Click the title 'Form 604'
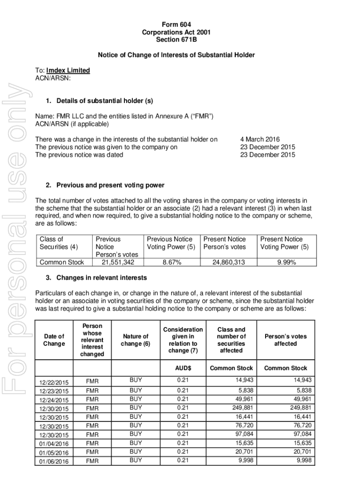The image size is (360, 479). pos(176,24)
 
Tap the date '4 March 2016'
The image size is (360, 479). pos(259,139)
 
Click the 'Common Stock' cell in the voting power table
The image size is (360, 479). pos(62,262)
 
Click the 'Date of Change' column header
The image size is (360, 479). pos(54,340)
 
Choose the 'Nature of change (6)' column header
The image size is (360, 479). pos(135,340)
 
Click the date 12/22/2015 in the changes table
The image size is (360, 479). pos(54,383)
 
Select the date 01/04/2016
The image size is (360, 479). pos(54,444)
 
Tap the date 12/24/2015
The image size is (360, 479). pos(54,400)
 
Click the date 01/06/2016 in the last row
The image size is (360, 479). pos(54,462)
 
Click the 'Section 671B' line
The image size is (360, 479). pos(176,39)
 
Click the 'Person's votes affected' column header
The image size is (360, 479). pos(286,340)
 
